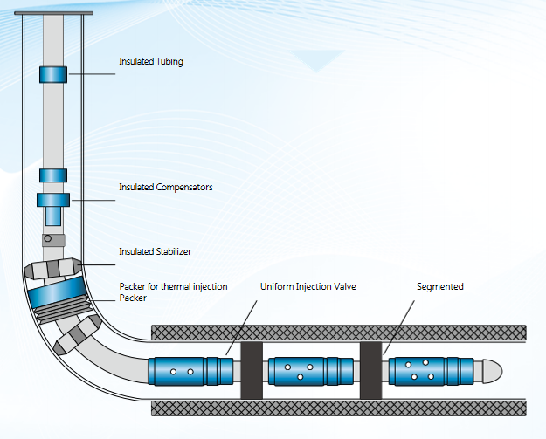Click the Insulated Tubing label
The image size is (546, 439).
point(151,61)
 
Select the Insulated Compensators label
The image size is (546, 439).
point(166,187)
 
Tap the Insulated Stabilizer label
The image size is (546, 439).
point(155,251)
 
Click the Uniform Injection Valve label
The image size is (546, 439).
point(308,286)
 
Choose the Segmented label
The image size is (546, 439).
point(439,286)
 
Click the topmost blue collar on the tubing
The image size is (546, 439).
point(53,74)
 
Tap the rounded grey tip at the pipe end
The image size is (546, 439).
point(493,370)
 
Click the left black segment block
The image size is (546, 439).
point(252,371)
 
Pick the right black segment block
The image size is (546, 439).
point(371,371)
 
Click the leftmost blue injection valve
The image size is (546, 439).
point(189,371)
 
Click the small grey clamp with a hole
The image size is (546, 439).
point(52,239)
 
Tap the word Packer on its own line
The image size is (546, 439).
point(132,298)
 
